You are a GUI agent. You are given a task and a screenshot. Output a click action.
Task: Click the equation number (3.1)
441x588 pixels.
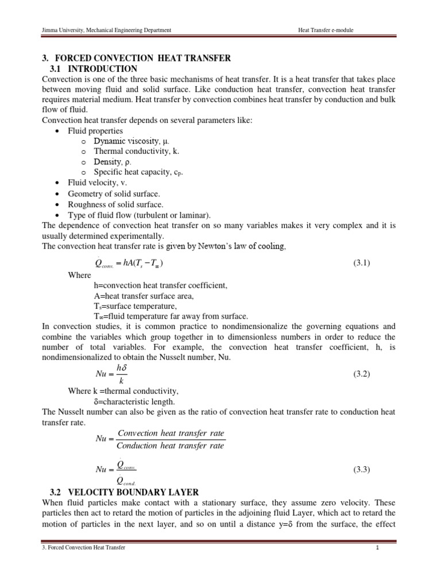click(x=362, y=263)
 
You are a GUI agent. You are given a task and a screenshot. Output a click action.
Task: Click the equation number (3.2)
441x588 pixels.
click(x=362, y=374)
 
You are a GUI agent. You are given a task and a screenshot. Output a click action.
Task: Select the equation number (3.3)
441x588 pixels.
click(x=362, y=469)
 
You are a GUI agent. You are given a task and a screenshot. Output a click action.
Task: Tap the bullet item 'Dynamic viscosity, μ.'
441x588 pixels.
click(x=131, y=141)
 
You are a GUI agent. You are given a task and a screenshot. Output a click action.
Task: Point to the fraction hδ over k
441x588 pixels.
click(x=121, y=373)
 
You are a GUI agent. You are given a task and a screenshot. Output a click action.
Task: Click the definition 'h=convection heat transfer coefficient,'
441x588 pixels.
click(x=161, y=285)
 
